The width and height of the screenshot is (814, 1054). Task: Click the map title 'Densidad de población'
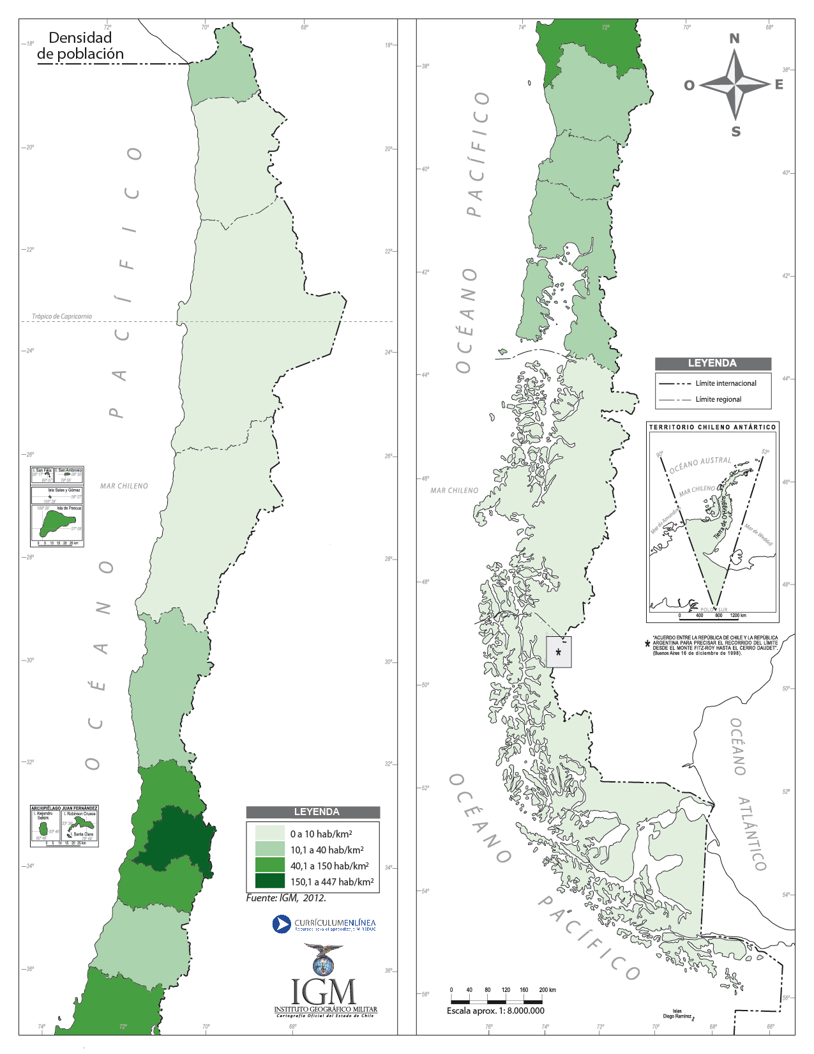coord(80,46)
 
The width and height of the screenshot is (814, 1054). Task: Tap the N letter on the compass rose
coord(735,39)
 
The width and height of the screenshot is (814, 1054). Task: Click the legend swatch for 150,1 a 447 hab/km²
coord(269,882)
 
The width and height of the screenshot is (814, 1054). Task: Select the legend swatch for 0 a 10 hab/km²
coord(269,833)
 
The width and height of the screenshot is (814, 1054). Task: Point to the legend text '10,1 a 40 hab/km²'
coord(327,850)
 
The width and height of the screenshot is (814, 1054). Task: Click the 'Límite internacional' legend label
coord(726,383)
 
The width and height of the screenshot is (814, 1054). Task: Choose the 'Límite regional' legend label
coord(718,399)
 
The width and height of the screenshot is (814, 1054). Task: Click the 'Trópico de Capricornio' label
coord(62,316)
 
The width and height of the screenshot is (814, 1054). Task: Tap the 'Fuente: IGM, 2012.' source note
coord(286,898)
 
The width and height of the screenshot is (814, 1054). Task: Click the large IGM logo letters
coord(324,991)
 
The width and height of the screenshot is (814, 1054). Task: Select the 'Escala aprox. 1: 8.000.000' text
coord(495,1011)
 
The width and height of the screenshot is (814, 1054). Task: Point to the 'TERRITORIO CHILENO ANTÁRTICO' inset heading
coord(712,427)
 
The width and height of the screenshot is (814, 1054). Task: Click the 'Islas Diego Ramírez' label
coord(677,1014)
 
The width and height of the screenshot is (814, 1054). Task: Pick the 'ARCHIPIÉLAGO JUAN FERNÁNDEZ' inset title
coord(64,809)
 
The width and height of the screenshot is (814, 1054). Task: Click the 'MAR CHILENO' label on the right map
coord(454,491)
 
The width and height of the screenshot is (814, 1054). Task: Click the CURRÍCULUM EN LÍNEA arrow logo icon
coord(282,924)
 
